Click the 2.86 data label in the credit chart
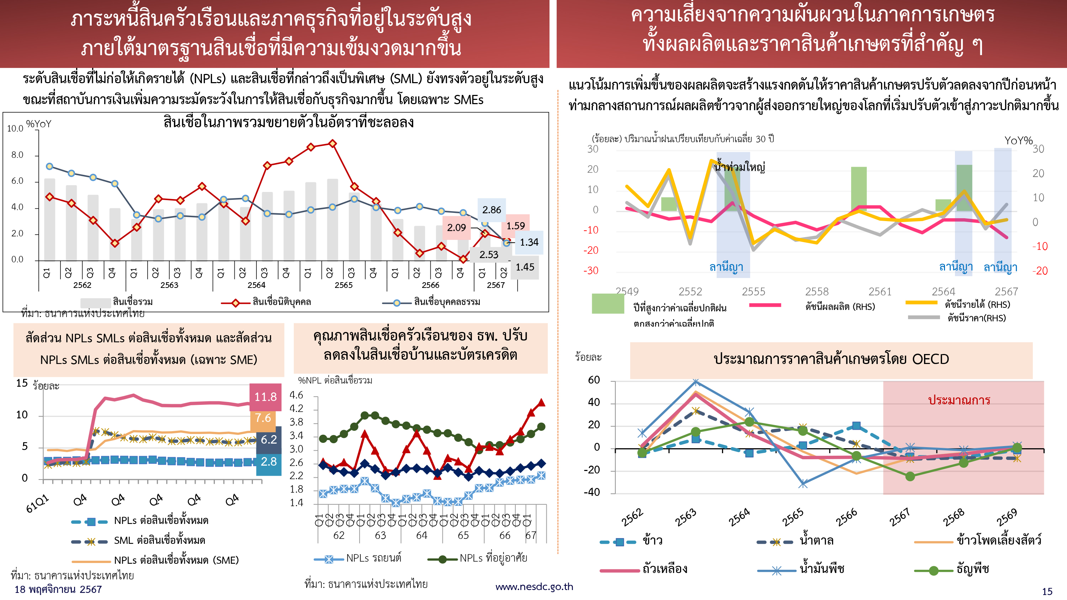(492, 210)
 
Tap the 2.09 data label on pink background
(456, 227)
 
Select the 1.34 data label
(529, 242)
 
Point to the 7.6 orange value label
(263, 418)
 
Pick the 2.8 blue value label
(269, 461)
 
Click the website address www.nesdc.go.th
(534, 586)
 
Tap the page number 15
(1047, 591)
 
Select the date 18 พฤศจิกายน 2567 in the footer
(58, 589)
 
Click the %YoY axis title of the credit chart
(38, 124)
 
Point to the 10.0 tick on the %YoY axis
(15, 128)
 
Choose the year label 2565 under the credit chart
(343, 285)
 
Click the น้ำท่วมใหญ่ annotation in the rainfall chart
(740, 167)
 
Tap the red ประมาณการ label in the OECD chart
(959, 400)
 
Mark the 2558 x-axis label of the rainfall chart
(816, 291)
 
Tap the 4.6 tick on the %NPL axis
(296, 395)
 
